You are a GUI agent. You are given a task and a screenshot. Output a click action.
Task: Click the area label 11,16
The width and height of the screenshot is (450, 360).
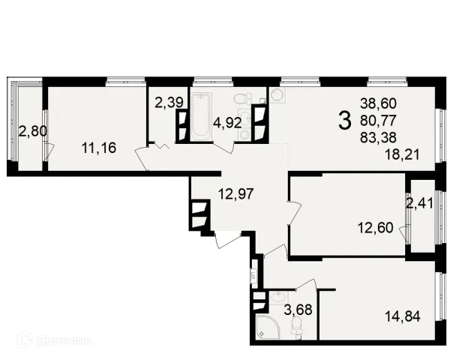pyautogui.click(x=99, y=148)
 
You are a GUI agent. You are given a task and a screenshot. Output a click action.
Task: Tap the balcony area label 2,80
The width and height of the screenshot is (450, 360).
pyautogui.click(x=33, y=132)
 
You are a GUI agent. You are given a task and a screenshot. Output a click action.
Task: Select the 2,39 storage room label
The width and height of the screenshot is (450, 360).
pyautogui.click(x=169, y=103)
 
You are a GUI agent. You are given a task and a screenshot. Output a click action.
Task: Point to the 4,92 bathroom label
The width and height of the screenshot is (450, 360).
pyautogui.click(x=227, y=123)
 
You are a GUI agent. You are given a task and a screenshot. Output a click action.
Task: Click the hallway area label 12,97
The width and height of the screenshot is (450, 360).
pyautogui.click(x=236, y=193)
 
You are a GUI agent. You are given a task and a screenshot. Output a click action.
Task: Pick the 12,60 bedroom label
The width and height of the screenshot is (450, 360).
pyautogui.click(x=376, y=228)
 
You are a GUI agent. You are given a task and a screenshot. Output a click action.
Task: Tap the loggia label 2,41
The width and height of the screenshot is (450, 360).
pyautogui.click(x=420, y=204)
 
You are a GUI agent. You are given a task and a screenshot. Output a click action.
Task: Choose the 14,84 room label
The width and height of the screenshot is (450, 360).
pyautogui.click(x=403, y=316)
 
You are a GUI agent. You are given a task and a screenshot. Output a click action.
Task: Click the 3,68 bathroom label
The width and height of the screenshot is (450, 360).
pyautogui.click(x=298, y=310)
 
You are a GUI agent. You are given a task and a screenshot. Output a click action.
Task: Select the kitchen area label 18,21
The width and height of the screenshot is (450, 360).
pyautogui.click(x=402, y=154)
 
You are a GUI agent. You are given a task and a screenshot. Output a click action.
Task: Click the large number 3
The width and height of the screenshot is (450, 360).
pyautogui.click(x=345, y=121)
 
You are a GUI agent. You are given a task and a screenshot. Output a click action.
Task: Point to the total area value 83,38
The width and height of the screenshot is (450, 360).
pyautogui.click(x=378, y=137)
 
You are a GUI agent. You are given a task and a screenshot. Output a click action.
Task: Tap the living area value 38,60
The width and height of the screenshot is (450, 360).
pyautogui.click(x=378, y=103)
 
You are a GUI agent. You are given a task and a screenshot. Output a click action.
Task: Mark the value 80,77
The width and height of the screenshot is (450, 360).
pyautogui.click(x=378, y=120)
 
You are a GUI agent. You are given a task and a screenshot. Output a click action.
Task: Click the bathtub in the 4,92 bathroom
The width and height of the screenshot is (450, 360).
pyautogui.click(x=201, y=117)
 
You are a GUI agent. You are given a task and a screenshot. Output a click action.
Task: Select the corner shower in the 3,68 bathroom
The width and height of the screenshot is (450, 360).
pyautogui.click(x=267, y=327)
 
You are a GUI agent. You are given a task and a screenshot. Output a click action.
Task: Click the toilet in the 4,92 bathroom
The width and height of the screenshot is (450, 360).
pyautogui.click(x=243, y=99)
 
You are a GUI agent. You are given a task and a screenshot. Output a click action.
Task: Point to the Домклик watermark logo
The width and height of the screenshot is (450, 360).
pyautogui.click(x=54, y=340)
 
